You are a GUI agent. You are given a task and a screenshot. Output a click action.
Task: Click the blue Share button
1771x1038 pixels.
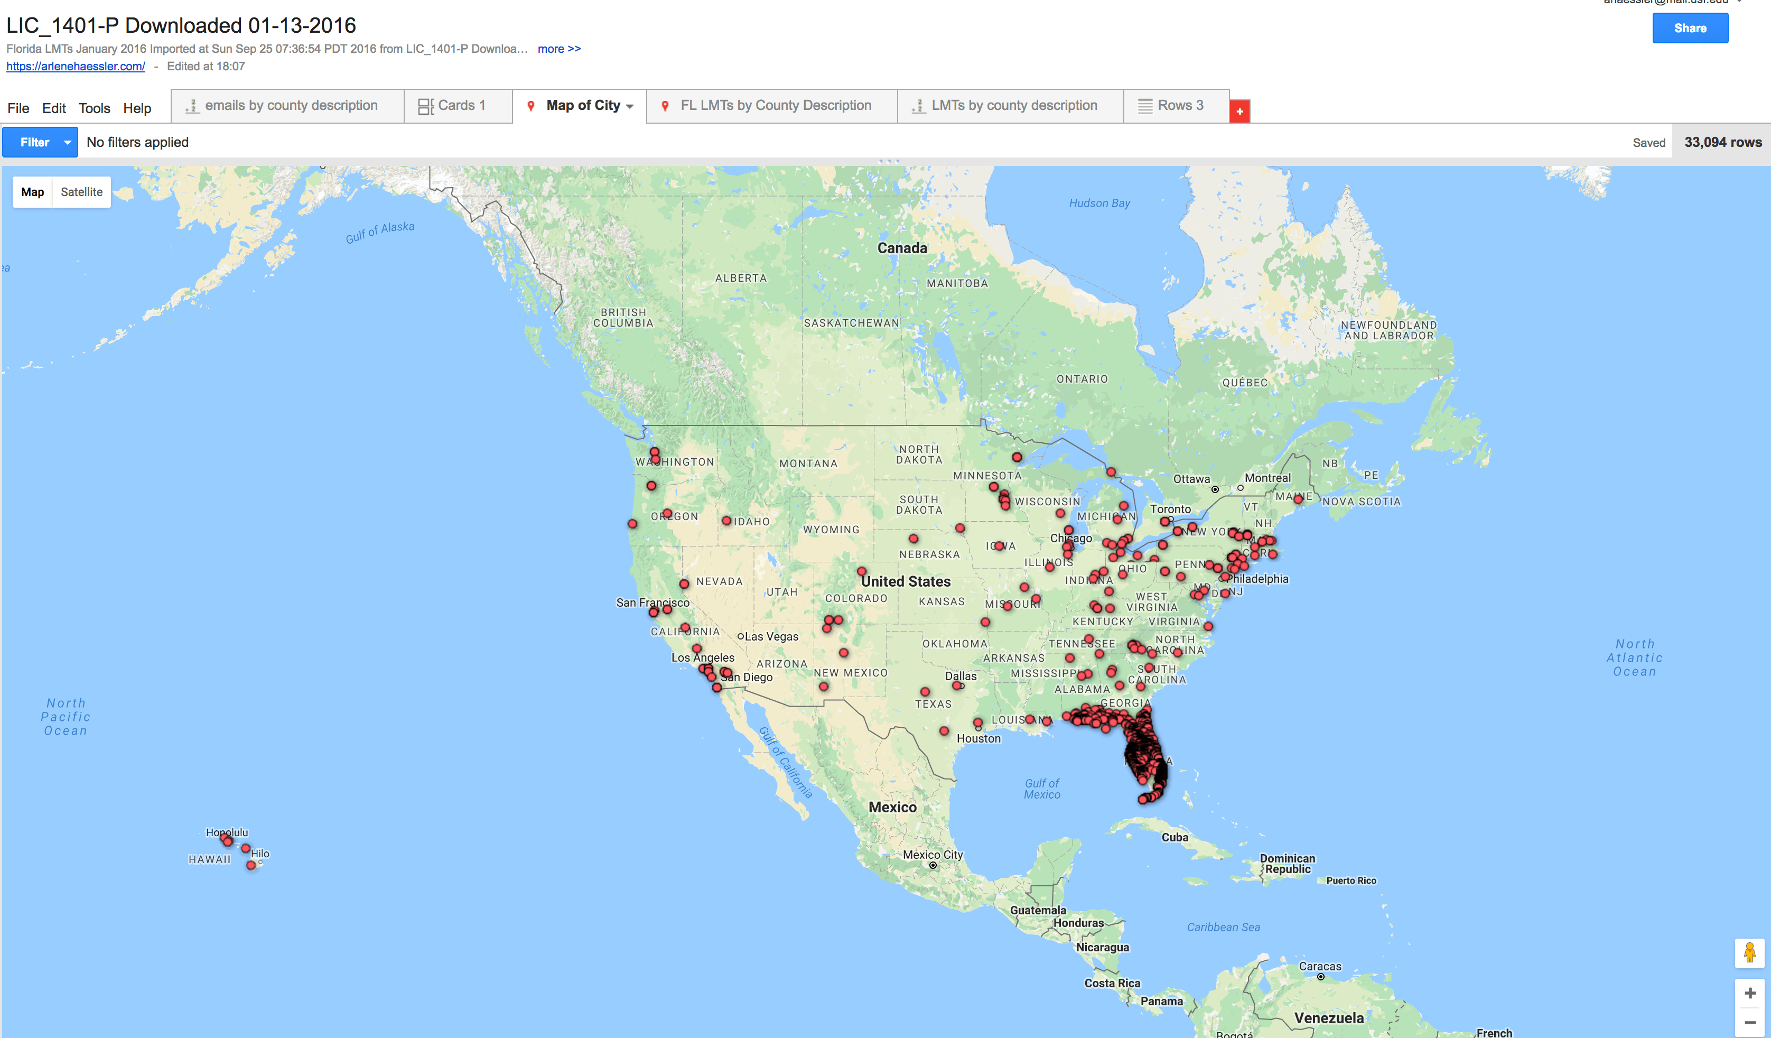(x=1690, y=28)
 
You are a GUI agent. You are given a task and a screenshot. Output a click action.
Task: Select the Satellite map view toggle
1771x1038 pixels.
(x=81, y=192)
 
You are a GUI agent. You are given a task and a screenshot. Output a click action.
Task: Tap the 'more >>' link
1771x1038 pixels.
(x=558, y=49)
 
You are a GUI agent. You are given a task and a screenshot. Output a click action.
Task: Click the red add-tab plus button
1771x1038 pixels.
(x=1239, y=111)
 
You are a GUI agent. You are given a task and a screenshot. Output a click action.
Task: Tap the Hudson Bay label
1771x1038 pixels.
(x=1099, y=203)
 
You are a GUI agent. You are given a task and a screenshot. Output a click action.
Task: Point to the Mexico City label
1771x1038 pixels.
(x=933, y=855)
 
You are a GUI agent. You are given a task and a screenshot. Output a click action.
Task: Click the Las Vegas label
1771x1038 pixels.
(x=771, y=636)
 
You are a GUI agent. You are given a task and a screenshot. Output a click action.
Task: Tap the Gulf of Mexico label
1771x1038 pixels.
(x=1041, y=789)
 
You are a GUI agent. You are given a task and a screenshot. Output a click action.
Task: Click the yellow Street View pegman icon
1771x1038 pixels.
(x=1749, y=953)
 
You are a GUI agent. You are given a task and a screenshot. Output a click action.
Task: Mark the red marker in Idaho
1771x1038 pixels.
(x=726, y=521)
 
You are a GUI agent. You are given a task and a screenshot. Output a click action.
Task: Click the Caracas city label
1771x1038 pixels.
(x=1320, y=966)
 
